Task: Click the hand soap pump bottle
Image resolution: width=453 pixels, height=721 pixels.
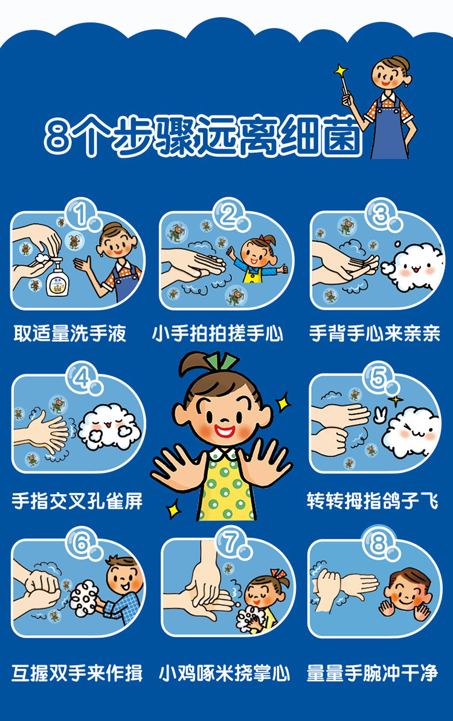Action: (58, 277)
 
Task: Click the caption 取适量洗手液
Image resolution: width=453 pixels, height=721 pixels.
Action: (70, 333)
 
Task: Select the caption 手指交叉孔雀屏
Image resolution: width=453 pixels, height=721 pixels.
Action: (77, 501)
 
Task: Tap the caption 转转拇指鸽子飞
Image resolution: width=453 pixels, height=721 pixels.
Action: (372, 501)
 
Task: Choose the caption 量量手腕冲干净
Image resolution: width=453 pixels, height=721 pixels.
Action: (372, 673)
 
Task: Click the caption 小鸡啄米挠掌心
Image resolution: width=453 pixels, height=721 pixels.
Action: (225, 673)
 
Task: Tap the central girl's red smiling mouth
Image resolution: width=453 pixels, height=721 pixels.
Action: (225, 431)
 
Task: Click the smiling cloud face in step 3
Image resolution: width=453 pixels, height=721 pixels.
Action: (412, 267)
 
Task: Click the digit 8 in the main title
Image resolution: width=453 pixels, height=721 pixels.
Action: (59, 137)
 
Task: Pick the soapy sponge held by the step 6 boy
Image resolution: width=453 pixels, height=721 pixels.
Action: (84, 598)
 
